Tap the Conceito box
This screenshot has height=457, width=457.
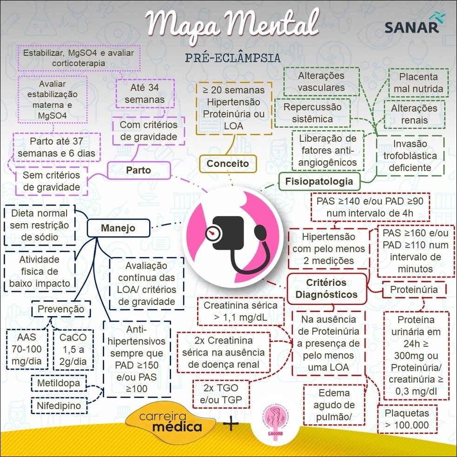(x=227, y=164)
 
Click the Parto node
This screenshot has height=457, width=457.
(x=138, y=171)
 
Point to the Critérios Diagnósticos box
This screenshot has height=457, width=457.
(x=326, y=288)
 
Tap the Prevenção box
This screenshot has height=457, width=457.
(x=61, y=309)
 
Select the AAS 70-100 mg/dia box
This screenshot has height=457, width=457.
(x=27, y=349)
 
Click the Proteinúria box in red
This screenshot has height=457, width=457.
(x=413, y=290)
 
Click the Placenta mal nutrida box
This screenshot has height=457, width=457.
(x=418, y=83)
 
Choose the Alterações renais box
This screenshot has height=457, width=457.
(x=414, y=114)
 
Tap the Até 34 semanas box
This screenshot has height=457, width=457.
(x=145, y=93)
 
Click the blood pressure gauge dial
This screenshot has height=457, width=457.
(x=213, y=232)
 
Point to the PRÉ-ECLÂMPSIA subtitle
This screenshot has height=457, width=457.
(x=232, y=58)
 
